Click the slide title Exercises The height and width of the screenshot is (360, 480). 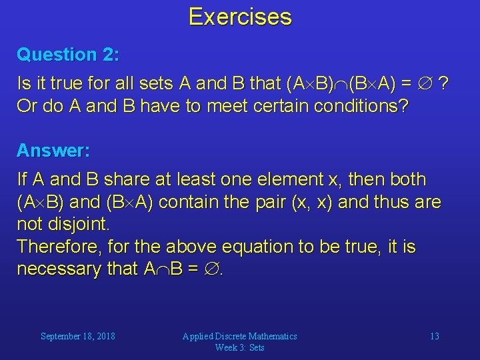240,17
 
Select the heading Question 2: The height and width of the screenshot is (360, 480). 68,54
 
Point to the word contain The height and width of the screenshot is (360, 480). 197,203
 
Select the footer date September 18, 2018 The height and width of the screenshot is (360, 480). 77,337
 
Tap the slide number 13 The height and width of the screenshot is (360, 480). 434,337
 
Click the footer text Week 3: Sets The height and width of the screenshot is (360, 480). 239,347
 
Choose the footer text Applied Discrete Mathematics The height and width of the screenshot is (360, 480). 239,337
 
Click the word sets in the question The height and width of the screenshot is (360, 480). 159,84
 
